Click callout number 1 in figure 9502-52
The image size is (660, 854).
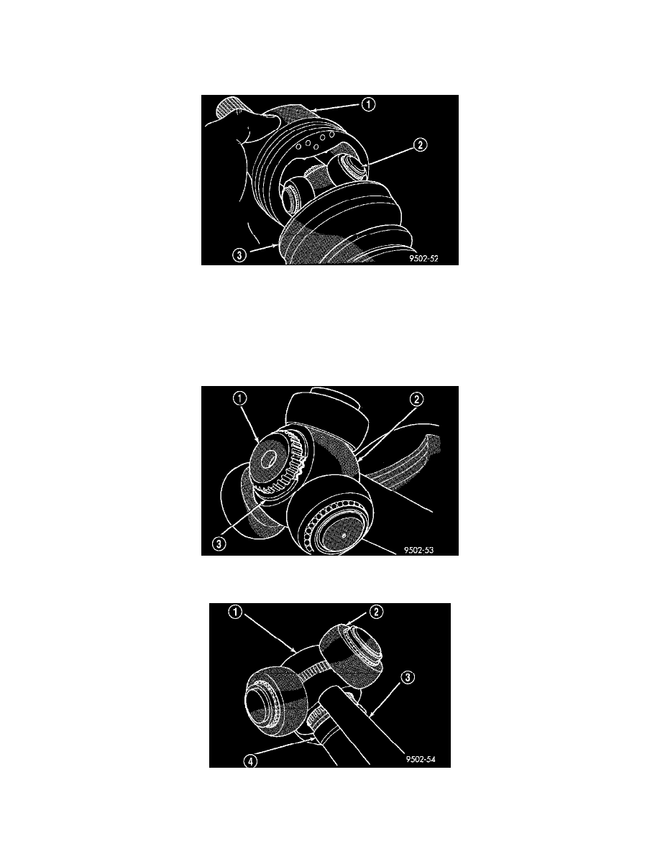point(369,104)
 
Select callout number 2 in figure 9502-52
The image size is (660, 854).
point(420,145)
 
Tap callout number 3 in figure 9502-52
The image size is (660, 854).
point(239,254)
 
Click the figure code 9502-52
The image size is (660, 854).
point(423,259)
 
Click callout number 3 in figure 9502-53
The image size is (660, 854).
point(219,543)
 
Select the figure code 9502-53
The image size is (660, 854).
point(418,550)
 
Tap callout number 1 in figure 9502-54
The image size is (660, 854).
point(234,612)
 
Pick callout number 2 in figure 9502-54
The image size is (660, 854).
point(376,612)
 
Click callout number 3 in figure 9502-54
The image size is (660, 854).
point(408,678)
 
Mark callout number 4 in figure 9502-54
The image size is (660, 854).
point(250,761)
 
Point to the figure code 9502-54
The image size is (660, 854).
point(421,759)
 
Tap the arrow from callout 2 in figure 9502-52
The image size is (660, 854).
point(388,155)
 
